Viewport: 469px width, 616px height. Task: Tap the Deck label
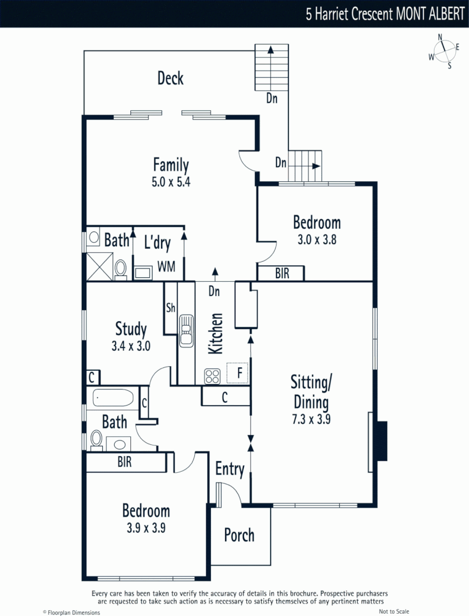(x=170, y=78)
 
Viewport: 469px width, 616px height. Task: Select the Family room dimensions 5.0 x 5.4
(x=171, y=183)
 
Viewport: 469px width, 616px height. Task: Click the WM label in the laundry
(x=166, y=266)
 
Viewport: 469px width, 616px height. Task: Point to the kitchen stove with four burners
(x=213, y=376)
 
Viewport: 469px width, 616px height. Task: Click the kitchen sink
(x=186, y=331)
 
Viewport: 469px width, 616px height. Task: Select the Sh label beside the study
(x=170, y=308)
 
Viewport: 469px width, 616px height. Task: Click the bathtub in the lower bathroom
(x=113, y=398)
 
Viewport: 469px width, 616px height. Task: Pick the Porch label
(x=239, y=536)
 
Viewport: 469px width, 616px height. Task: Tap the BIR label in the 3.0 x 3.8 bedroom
(x=282, y=274)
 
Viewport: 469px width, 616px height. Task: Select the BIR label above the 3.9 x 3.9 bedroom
(x=125, y=462)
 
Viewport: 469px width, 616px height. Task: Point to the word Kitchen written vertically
(x=215, y=333)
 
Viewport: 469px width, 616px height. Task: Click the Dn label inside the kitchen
(x=214, y=291)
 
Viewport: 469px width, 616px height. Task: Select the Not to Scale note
(x=394, y=611)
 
